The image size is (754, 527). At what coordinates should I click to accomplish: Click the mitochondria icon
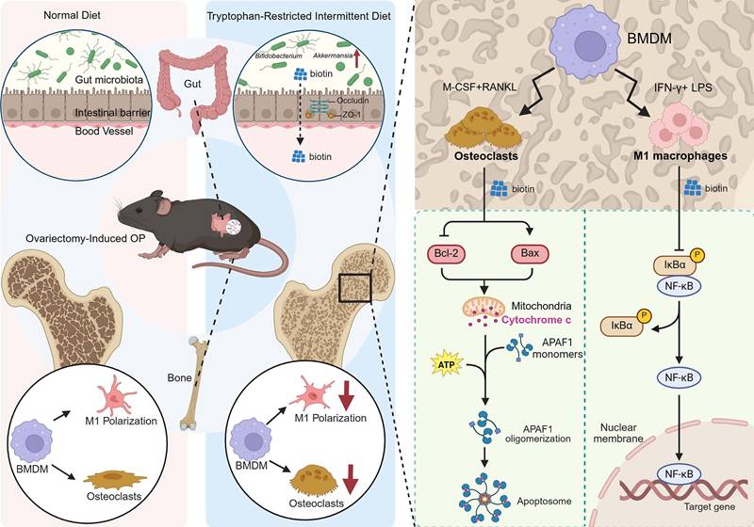tap(482, 309)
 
